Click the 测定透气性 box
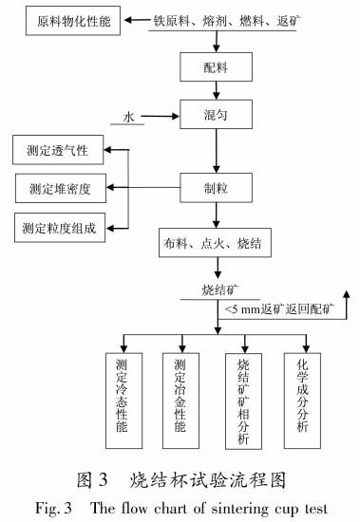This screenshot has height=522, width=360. coord(56,150)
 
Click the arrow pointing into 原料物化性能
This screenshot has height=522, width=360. coord(137,20)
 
